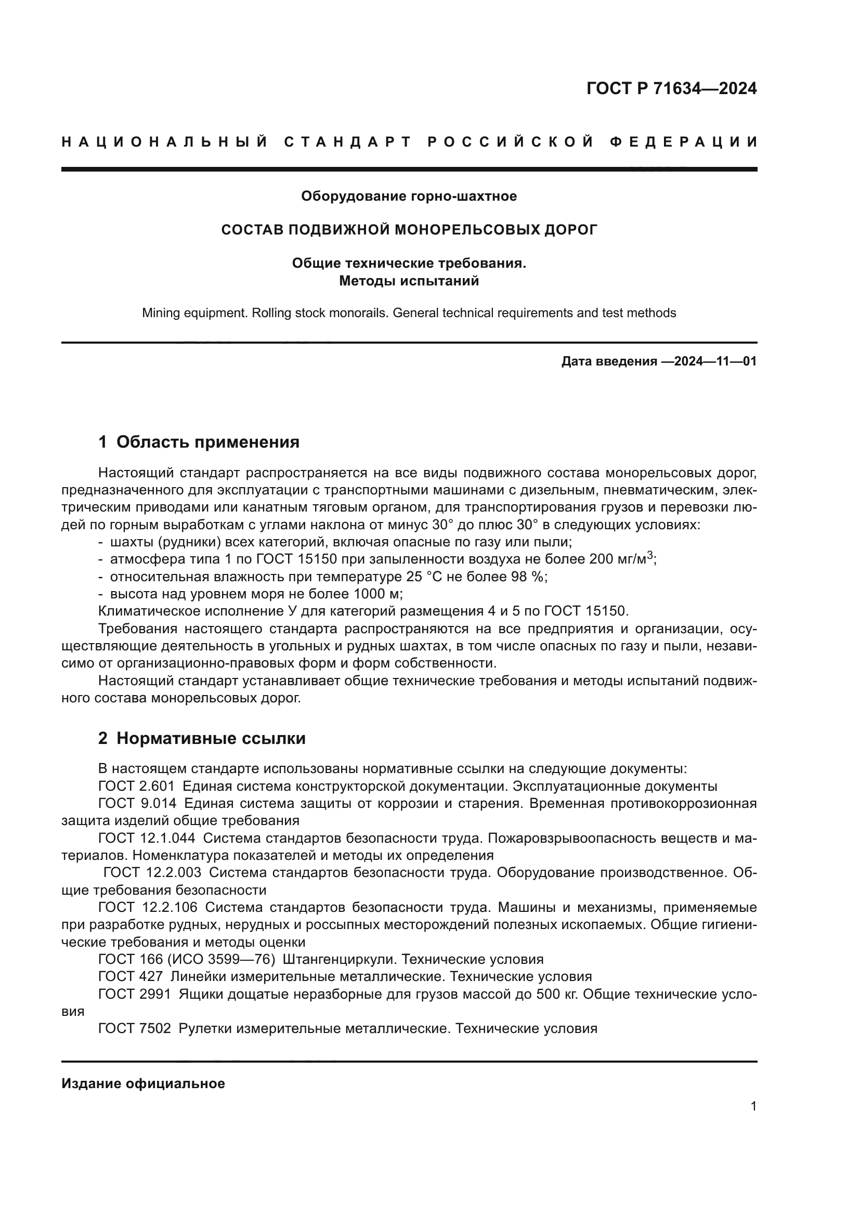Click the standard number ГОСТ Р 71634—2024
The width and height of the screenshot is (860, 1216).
point(671,88)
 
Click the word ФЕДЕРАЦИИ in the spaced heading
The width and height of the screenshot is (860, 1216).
point(684,142)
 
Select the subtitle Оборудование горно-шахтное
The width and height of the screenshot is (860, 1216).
point(409,196)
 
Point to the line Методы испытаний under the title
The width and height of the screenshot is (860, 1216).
point(409,281)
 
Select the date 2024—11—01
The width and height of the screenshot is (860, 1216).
point(709,362)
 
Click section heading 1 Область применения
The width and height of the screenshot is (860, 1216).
point(199,442)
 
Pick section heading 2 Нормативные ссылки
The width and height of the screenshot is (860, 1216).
point(202,738)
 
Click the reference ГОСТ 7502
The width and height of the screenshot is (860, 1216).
point(135,1028)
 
